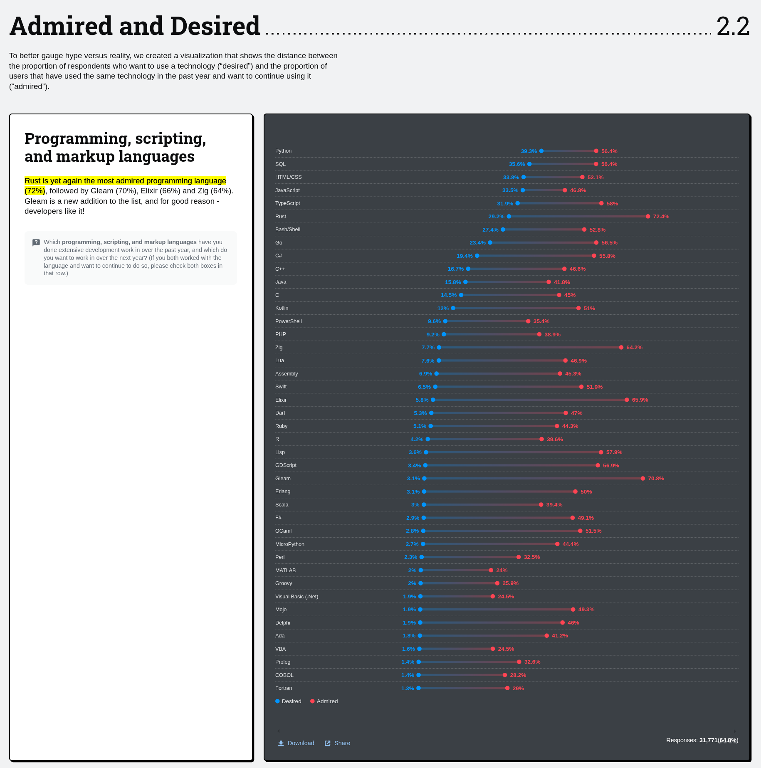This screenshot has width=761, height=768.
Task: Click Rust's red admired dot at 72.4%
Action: [648, 217]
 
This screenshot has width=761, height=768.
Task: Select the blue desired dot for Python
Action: [541, 151]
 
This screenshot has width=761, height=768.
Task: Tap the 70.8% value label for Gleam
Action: [656, 479]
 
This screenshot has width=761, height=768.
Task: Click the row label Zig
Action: [279, 348]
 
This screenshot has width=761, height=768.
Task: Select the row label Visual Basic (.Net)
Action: [296, 597]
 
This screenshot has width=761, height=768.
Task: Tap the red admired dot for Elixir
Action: [627, 400]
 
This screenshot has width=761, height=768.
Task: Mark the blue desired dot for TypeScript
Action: [518, 203]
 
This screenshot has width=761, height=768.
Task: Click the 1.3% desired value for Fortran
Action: [408, 689]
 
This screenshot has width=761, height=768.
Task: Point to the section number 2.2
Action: [733, 26]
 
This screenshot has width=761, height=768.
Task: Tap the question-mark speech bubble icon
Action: [36, 242]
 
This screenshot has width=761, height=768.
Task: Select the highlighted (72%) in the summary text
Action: [35, 191]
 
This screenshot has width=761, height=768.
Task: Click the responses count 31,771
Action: [708, 740]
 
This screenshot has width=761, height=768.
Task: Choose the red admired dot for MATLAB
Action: [491, 570]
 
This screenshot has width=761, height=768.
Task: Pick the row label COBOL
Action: [284, 675]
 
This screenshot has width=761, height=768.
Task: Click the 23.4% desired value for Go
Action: [477, 243]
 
